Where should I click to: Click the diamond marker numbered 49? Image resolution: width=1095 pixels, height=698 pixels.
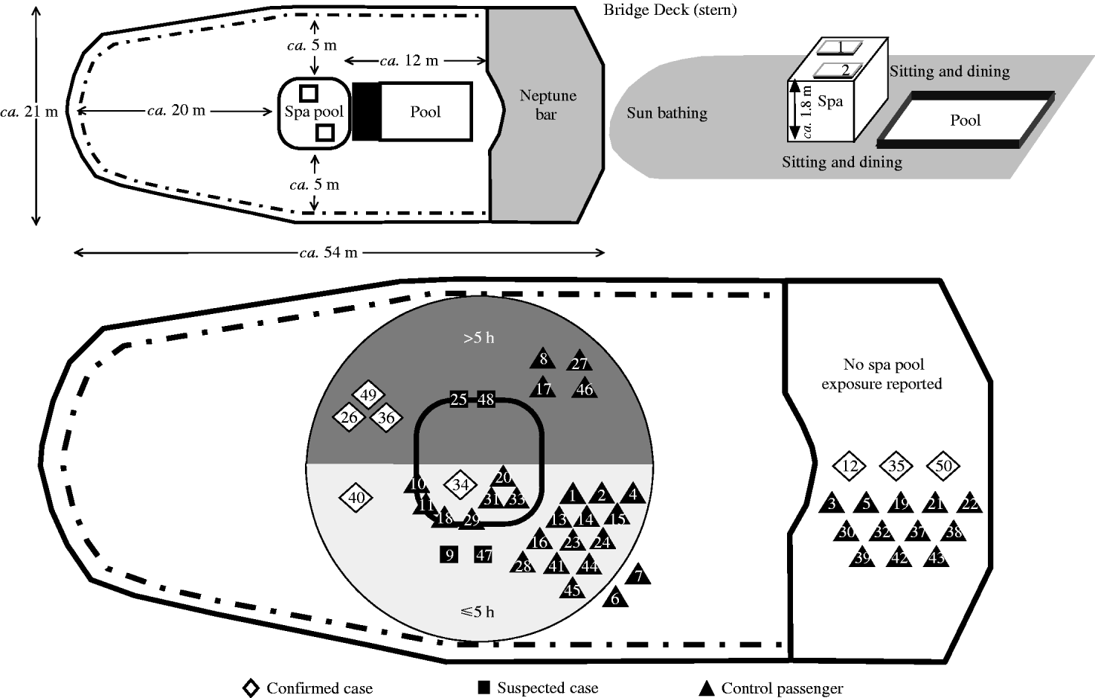367,395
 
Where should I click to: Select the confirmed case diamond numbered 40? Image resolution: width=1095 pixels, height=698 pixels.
356,497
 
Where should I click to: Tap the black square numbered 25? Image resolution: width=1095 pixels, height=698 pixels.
458,400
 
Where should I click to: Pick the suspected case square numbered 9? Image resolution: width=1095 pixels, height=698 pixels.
449,554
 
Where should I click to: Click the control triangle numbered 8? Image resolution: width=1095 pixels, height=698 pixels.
543,359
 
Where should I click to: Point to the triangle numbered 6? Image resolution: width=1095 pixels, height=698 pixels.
615,598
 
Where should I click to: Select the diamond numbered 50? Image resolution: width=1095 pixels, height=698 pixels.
943,466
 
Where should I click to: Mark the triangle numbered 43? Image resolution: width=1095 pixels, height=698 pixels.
937,557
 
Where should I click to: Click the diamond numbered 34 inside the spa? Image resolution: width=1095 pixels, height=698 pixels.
460,486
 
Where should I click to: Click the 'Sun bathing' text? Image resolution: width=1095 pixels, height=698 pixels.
667,113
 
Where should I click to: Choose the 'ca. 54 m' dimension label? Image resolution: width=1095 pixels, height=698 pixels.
328,252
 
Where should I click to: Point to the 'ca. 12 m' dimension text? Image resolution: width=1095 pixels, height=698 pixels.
408,60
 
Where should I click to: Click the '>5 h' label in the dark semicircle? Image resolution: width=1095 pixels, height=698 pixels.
478,338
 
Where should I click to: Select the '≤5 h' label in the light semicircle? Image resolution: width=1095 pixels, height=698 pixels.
477,612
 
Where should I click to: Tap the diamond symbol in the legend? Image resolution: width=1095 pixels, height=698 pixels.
251,688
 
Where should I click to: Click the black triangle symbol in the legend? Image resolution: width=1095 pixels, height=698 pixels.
706,688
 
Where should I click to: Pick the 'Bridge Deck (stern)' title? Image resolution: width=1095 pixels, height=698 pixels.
669,10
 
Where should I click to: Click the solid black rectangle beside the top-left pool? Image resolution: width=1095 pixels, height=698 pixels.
366,112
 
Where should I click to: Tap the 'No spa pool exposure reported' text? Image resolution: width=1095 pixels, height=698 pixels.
882,374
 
